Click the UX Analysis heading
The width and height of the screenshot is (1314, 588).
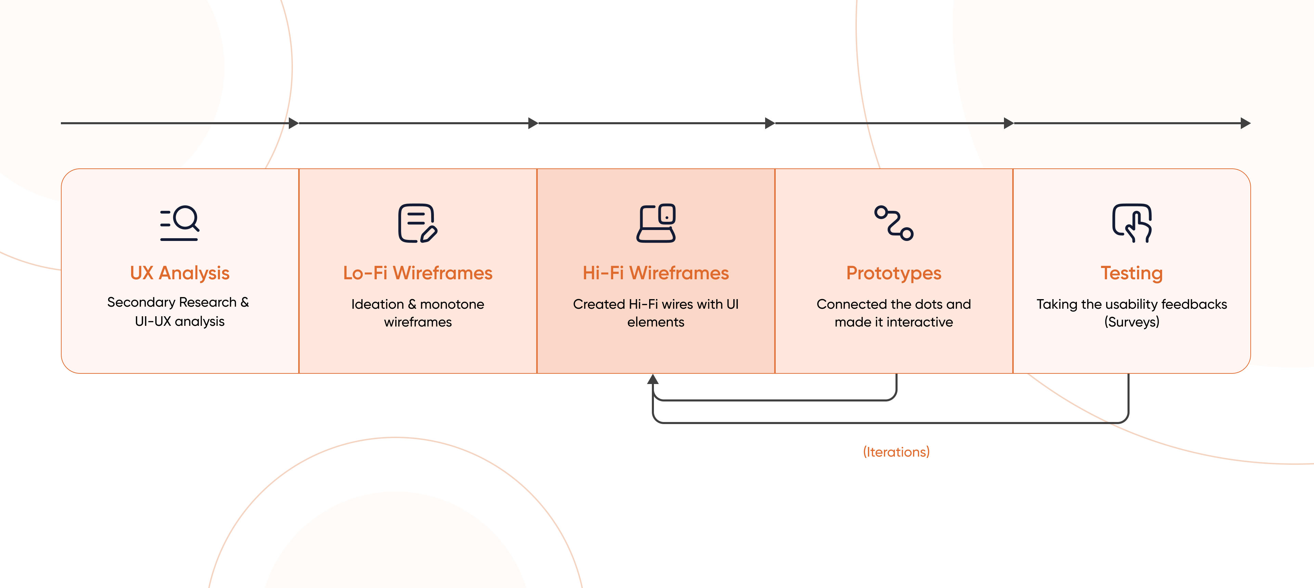click(180, 273)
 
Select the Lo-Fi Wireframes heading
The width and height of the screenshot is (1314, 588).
click(417, 273)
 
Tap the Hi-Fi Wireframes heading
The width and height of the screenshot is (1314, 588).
click(656, 273)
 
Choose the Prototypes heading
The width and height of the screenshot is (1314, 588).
click(894, 273)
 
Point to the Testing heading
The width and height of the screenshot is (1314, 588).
click(1131, 273)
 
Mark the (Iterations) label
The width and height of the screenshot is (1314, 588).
click(896, 452)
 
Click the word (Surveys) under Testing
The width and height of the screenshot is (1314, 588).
click(1131, 322)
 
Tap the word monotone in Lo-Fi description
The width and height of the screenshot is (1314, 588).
click(452, 304)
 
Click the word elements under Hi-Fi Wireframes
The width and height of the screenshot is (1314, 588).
click(656, 322)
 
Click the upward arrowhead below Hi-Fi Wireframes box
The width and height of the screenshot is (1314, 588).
click(653, 379)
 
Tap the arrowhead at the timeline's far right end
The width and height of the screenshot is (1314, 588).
click(1245, 123)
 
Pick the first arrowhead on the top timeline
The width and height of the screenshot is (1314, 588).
click(293, 123)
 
